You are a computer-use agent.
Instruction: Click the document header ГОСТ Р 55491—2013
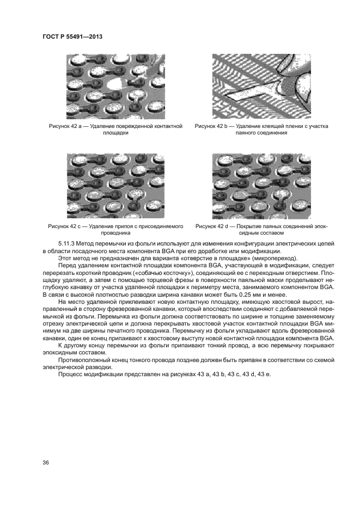point(72,36)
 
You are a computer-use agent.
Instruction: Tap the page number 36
point(45,463)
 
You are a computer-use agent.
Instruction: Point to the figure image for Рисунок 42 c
point(115,185)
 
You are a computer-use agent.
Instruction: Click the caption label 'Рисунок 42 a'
point(68,126)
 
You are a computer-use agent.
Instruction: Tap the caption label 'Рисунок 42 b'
point(213,126)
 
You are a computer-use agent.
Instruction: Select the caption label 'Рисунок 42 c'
point(67,226)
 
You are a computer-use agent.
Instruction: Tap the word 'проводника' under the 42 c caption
point(115,233)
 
